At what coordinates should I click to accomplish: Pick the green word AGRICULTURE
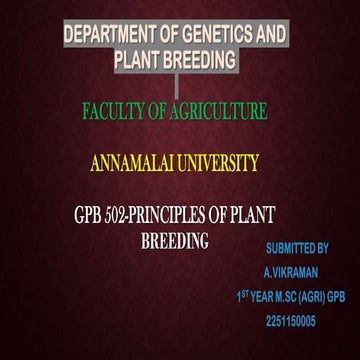[x=215, y=112]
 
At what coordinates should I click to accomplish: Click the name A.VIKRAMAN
[x=290, y=271]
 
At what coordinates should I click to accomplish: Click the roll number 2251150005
[x=291, y=321]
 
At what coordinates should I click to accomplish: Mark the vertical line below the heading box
[x=176, y=85]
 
